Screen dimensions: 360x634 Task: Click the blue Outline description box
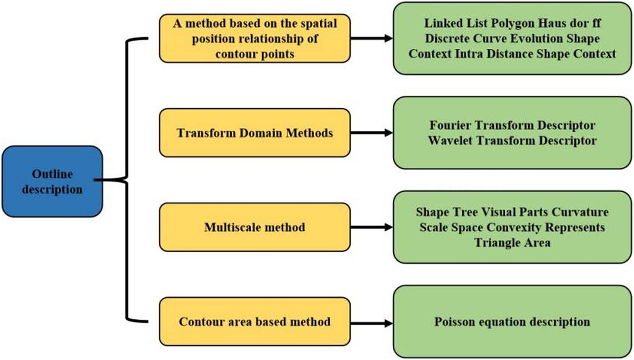52,181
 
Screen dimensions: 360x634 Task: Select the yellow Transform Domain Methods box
254,133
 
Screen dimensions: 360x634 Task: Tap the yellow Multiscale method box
254,227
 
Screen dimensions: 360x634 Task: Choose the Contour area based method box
254,322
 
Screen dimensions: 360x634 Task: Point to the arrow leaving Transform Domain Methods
371,133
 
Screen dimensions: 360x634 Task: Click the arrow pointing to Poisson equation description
371,323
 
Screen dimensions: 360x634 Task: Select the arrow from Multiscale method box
371,227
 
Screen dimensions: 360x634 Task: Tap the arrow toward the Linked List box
371,38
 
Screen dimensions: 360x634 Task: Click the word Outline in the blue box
52,174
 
